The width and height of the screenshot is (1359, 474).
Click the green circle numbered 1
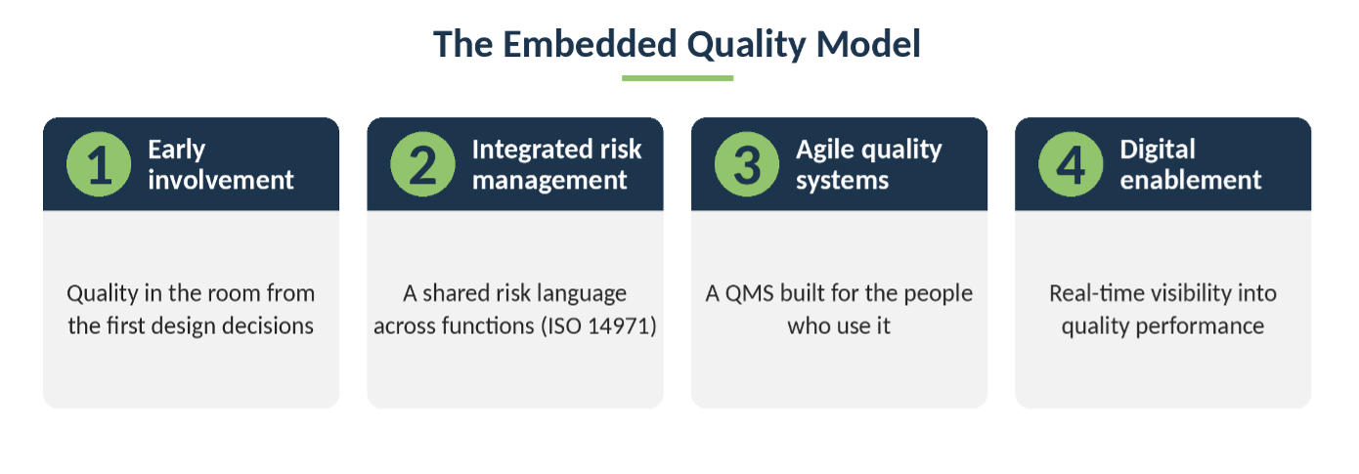(x=99, y=164)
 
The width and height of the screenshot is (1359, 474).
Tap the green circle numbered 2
(x=422, y=164)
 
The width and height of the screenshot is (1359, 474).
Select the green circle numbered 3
(x=746, y=164)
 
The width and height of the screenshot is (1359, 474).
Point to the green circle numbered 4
(x=1071, y=164)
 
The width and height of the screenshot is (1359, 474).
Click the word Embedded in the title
(x=590, y=44)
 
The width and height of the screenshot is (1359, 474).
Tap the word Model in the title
(x=868, y=44)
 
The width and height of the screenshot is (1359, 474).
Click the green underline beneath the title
(x=678, y=78)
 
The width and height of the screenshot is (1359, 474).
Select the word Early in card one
(x=177, y=151)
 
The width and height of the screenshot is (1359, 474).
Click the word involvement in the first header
(x=221, y=180)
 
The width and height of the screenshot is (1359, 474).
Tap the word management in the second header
(x=549, y=181)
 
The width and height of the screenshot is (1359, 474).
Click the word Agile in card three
(x=825, y=151)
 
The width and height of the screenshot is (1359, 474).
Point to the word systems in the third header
(x=842, y=181)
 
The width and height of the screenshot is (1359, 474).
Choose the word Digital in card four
(x=1158, y=151)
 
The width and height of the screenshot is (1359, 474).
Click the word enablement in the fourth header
(x=1190, y=180)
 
